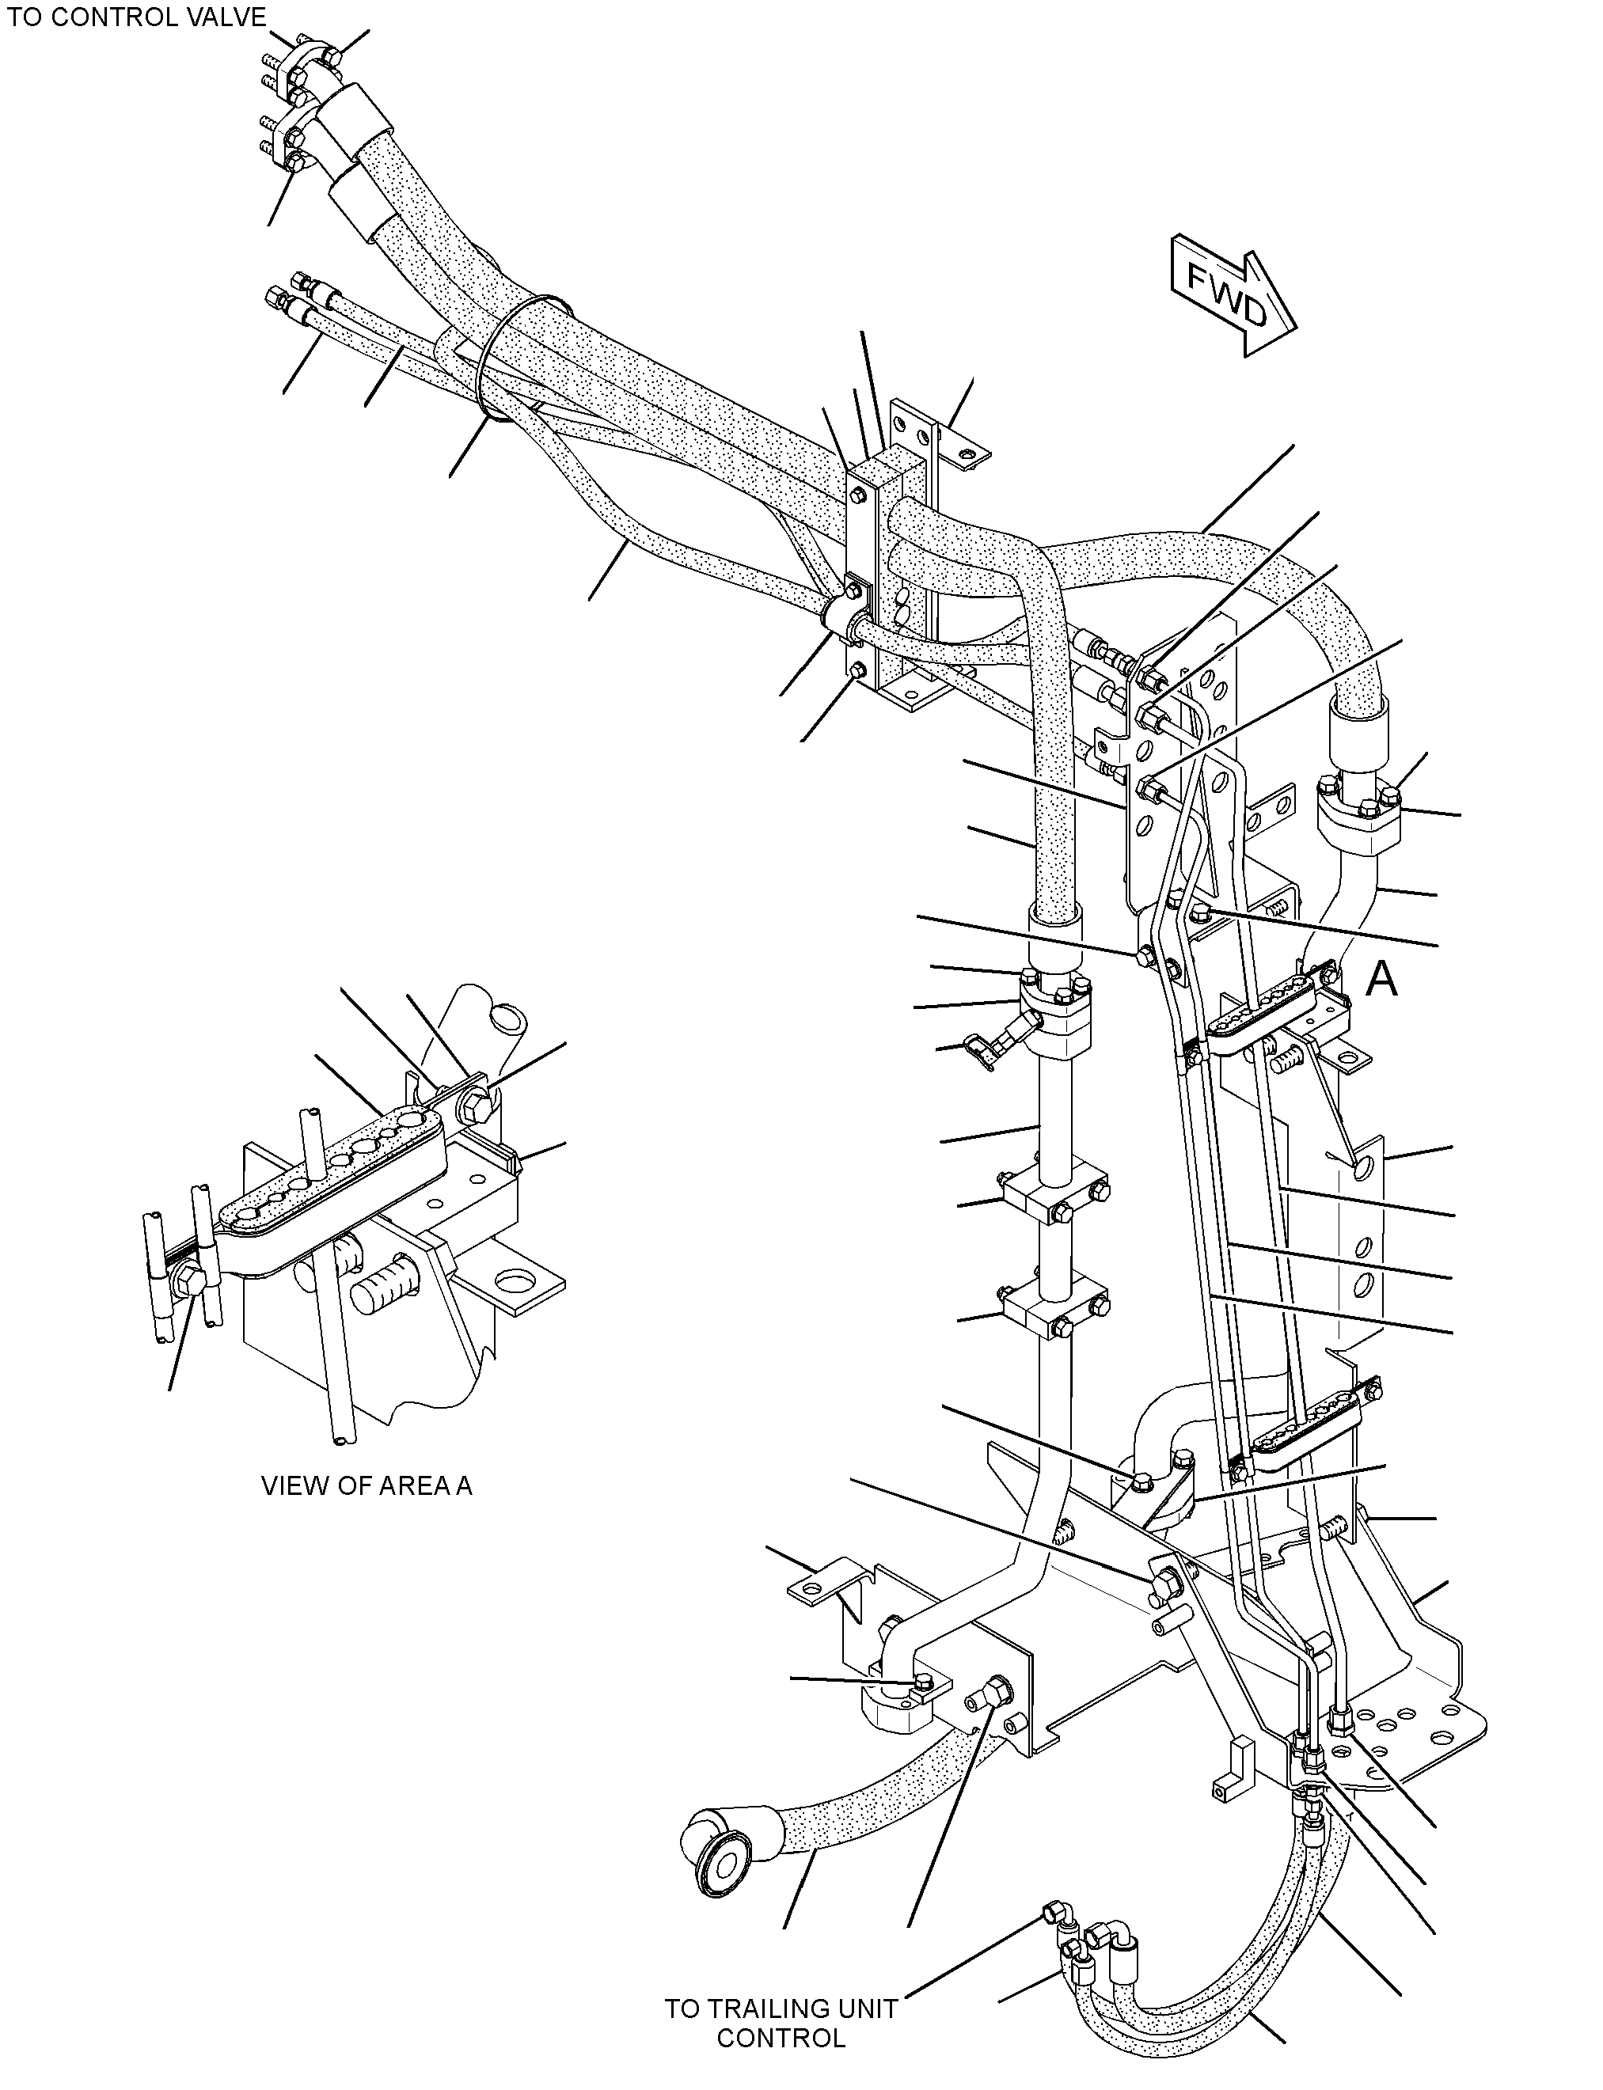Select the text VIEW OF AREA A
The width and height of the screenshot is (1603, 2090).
pyautogui.click(x=367, y=1485)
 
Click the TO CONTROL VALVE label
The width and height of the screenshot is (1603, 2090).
pyautogui.click(x=136, y=17)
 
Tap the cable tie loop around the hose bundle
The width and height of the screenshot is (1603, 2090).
pyautogui.click(x=520, y=358)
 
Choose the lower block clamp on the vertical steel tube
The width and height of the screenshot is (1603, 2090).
pyautogui.click(x=1054, y=1309)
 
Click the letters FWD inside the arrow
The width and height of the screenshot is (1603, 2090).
pyautogui.click(x=1227, y=294)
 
